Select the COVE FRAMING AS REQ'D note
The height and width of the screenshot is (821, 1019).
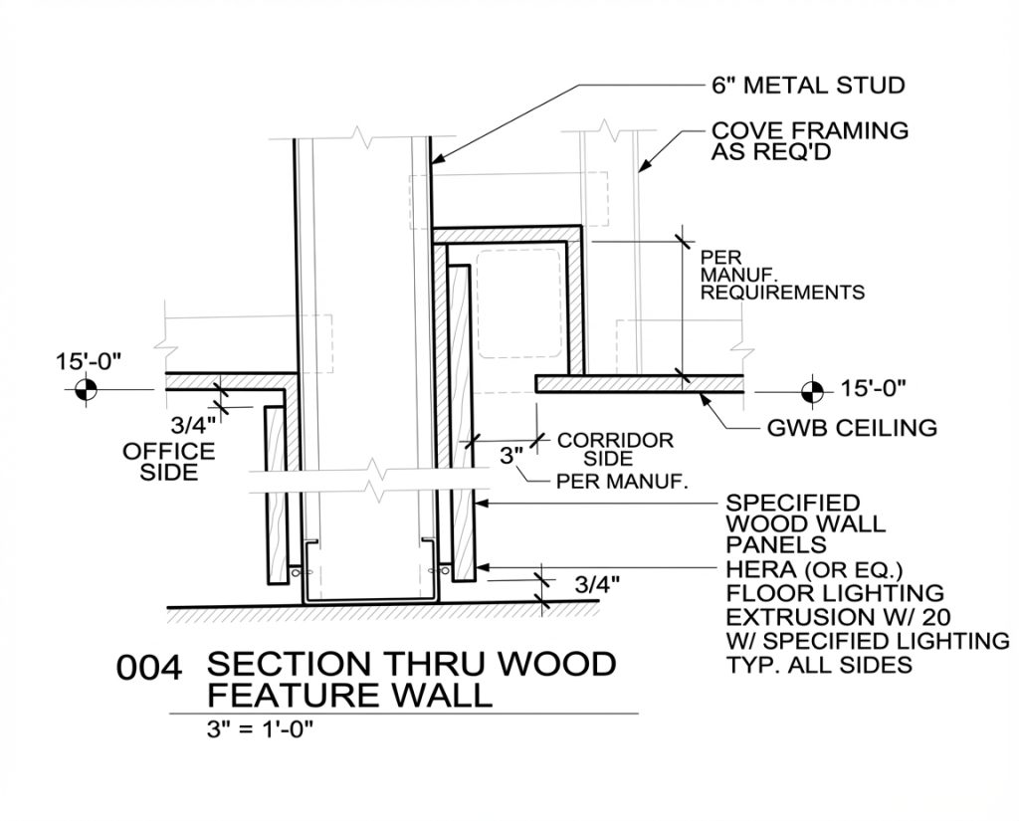click(x=809, y=140)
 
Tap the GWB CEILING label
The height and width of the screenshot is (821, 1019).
click(x=852, y=428)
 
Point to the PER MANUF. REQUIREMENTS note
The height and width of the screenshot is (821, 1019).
click(x=782, y=275)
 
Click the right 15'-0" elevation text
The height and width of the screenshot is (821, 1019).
click(x=874, y=388)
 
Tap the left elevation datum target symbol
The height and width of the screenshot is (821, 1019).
click(x=86, y=388)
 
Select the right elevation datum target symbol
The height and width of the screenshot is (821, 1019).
click(x=812, y=388)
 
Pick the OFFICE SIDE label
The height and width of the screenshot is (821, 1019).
click(x=168, y=462)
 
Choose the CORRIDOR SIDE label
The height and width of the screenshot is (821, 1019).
click(x=614, y=449)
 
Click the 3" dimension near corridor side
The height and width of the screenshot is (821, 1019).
click(x=511, y=456)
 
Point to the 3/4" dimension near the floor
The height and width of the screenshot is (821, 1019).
click(x=598, y=584)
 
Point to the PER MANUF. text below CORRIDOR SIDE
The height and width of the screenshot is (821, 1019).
click(x=622, y=483)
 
